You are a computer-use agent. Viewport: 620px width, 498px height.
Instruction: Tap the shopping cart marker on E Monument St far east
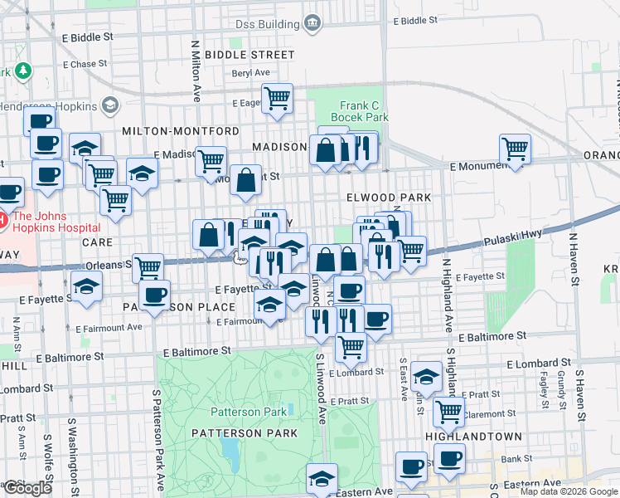[x=516, y=149]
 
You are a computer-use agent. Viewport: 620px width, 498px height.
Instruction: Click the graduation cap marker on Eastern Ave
[x=322, y=478]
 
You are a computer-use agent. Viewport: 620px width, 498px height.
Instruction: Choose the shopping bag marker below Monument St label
[x=246, y=182]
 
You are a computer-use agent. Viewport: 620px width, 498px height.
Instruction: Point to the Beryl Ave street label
[x=229, y=73]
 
